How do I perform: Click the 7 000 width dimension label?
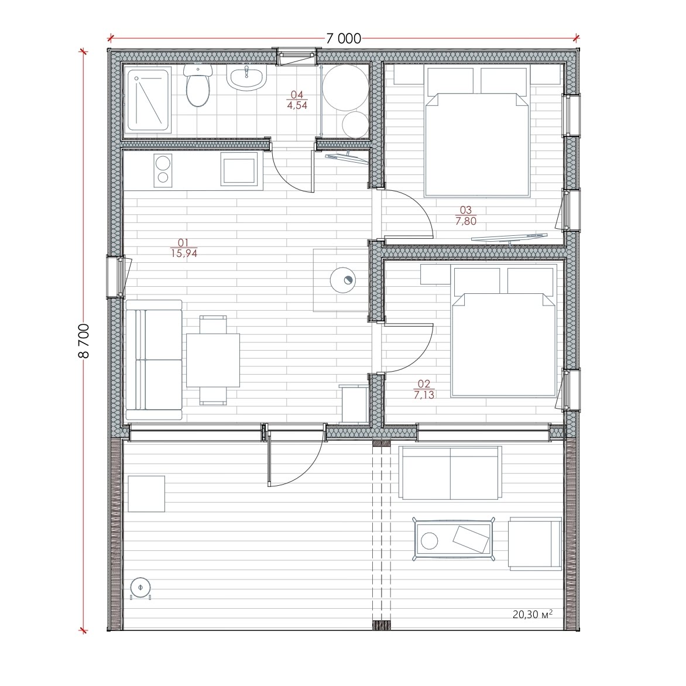344,39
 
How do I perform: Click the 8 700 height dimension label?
84,341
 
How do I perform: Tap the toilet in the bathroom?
198,85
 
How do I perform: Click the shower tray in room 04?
148,101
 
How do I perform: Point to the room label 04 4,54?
297,100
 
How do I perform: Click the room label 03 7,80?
465,215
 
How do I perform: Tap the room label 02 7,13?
424,389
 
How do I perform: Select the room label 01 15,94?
184,248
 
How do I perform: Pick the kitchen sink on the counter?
238,170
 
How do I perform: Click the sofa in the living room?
153,360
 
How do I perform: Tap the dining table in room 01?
213,360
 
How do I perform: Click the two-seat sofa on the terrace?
450,473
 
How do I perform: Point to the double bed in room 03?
477,131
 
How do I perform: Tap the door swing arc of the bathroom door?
289,175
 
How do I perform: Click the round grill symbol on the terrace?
140,587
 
